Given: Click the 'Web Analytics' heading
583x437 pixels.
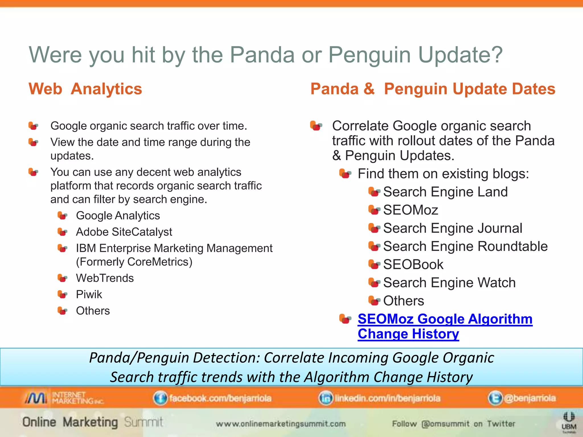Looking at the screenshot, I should click(x=85, y=89).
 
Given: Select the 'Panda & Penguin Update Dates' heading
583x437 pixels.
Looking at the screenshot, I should click(x=433, y=89).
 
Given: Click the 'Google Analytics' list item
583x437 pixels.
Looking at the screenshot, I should click(x=118, y=216).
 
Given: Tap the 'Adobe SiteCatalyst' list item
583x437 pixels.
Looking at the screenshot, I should click(x=124, y=232).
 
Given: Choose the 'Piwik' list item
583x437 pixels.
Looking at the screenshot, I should click(x=89, y=294).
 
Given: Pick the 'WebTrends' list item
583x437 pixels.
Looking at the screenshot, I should click(x=105, y=278).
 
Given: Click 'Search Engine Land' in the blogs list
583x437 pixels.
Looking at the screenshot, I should click(x=445, y=192).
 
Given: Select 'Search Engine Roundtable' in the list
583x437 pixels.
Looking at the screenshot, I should click(x=465, y=246).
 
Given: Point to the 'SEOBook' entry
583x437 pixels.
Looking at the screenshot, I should click(x=413, y=265).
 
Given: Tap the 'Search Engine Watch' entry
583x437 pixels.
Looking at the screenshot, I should click(x=449, y=283).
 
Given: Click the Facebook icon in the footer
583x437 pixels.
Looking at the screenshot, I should click(x=160, y=398).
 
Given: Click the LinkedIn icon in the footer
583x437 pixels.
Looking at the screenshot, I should click(x=325, y=398).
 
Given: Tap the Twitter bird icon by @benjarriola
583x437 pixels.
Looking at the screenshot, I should click(x=495, y=398).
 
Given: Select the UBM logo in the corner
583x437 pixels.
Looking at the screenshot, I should click(x=569, y=423).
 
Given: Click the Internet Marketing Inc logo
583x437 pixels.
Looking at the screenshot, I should click(x=64, y=398).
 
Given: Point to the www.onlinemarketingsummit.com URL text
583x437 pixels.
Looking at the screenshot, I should click(x=280, y=424).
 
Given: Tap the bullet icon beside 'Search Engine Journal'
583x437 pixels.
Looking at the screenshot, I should click(x=374, y=228).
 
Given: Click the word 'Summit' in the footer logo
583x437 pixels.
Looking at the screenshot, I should click(x=143, y=422).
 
